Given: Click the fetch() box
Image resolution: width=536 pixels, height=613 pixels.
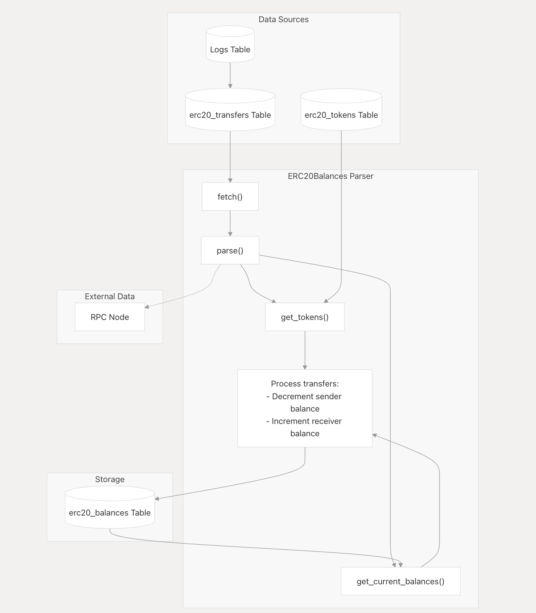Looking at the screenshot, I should (x=230, y=197).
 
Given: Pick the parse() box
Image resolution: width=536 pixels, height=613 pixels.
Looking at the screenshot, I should (x=230, y=251).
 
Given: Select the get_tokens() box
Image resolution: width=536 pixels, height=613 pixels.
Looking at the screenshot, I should (x=305, y=317).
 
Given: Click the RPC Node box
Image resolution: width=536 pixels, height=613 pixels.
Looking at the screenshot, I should (x=110, y=317).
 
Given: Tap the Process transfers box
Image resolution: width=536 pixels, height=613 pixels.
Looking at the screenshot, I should (x=305, y=408).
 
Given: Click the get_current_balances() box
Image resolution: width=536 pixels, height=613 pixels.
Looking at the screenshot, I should (x=401, y=581).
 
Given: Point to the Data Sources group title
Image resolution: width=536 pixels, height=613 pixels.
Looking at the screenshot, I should (x=283, y=20).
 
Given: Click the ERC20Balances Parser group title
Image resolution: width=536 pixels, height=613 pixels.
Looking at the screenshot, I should (x=330, y=176).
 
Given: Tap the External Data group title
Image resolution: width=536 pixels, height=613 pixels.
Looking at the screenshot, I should (x=110, y=297).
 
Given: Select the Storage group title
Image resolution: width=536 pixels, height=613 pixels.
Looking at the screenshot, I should (x=110, y=480).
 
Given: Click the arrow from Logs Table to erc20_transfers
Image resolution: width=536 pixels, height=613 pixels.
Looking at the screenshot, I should (x=230, y=75).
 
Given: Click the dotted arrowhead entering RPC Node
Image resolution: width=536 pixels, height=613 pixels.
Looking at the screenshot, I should (x=147, y=307).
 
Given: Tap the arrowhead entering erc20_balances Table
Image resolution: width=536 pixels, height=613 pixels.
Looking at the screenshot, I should (x=157, y=498).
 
